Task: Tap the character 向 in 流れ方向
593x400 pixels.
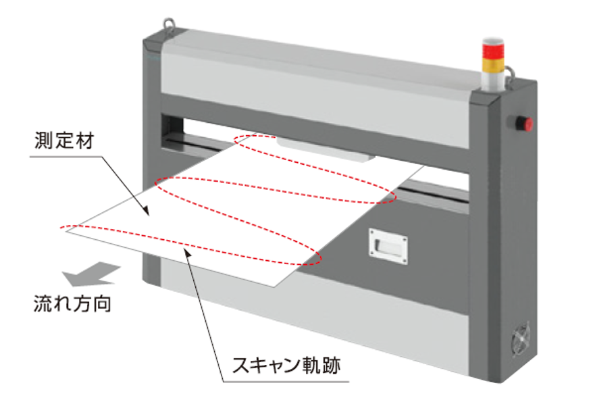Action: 102,304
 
